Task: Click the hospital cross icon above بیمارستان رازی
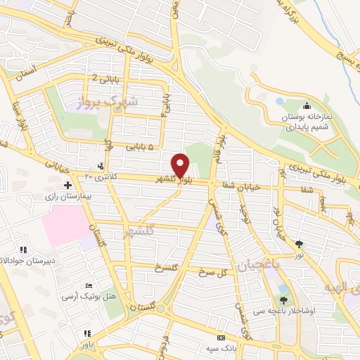tap(67, 186)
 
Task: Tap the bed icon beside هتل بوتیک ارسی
tap(88, 285)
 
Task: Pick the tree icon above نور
tap(300, 243)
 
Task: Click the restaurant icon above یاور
tap(86, 333)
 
